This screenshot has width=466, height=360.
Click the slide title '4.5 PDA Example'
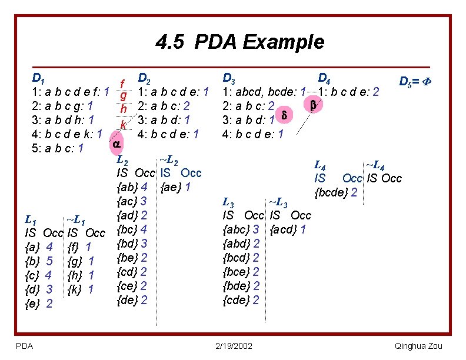(240, 42)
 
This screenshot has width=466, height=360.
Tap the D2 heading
(145, 78)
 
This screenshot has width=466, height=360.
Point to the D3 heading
(229, 78)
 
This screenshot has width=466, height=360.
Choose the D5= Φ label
(416, 82)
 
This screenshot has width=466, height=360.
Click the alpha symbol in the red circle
(116, 144)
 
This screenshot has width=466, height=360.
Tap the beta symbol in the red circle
(312, 105)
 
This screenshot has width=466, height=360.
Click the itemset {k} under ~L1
(74, 289)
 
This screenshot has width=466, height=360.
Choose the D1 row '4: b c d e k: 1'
(67, 134)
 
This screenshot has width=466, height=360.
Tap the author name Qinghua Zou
(418, 345)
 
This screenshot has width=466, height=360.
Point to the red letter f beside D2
(122, 84)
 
